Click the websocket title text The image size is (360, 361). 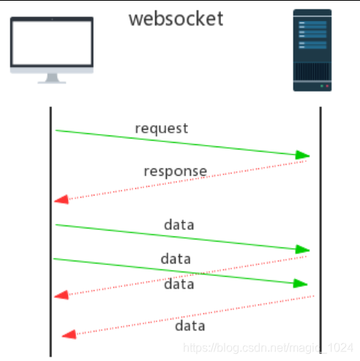point(176,18)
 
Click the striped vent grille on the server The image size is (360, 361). point(312,73)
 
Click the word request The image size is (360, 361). point(161,128)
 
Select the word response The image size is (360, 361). point(175,171)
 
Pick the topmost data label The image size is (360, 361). point(179,225)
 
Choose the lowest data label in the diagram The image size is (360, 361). point(190,326)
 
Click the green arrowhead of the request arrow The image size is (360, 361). point(302,155)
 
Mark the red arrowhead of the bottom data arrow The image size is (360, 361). point(69,335)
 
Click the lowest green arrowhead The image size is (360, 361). point(300,283)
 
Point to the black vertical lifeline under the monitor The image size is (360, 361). point(50,234)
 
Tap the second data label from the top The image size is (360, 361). point(176,258)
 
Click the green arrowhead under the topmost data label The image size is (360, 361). point(302,250)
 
